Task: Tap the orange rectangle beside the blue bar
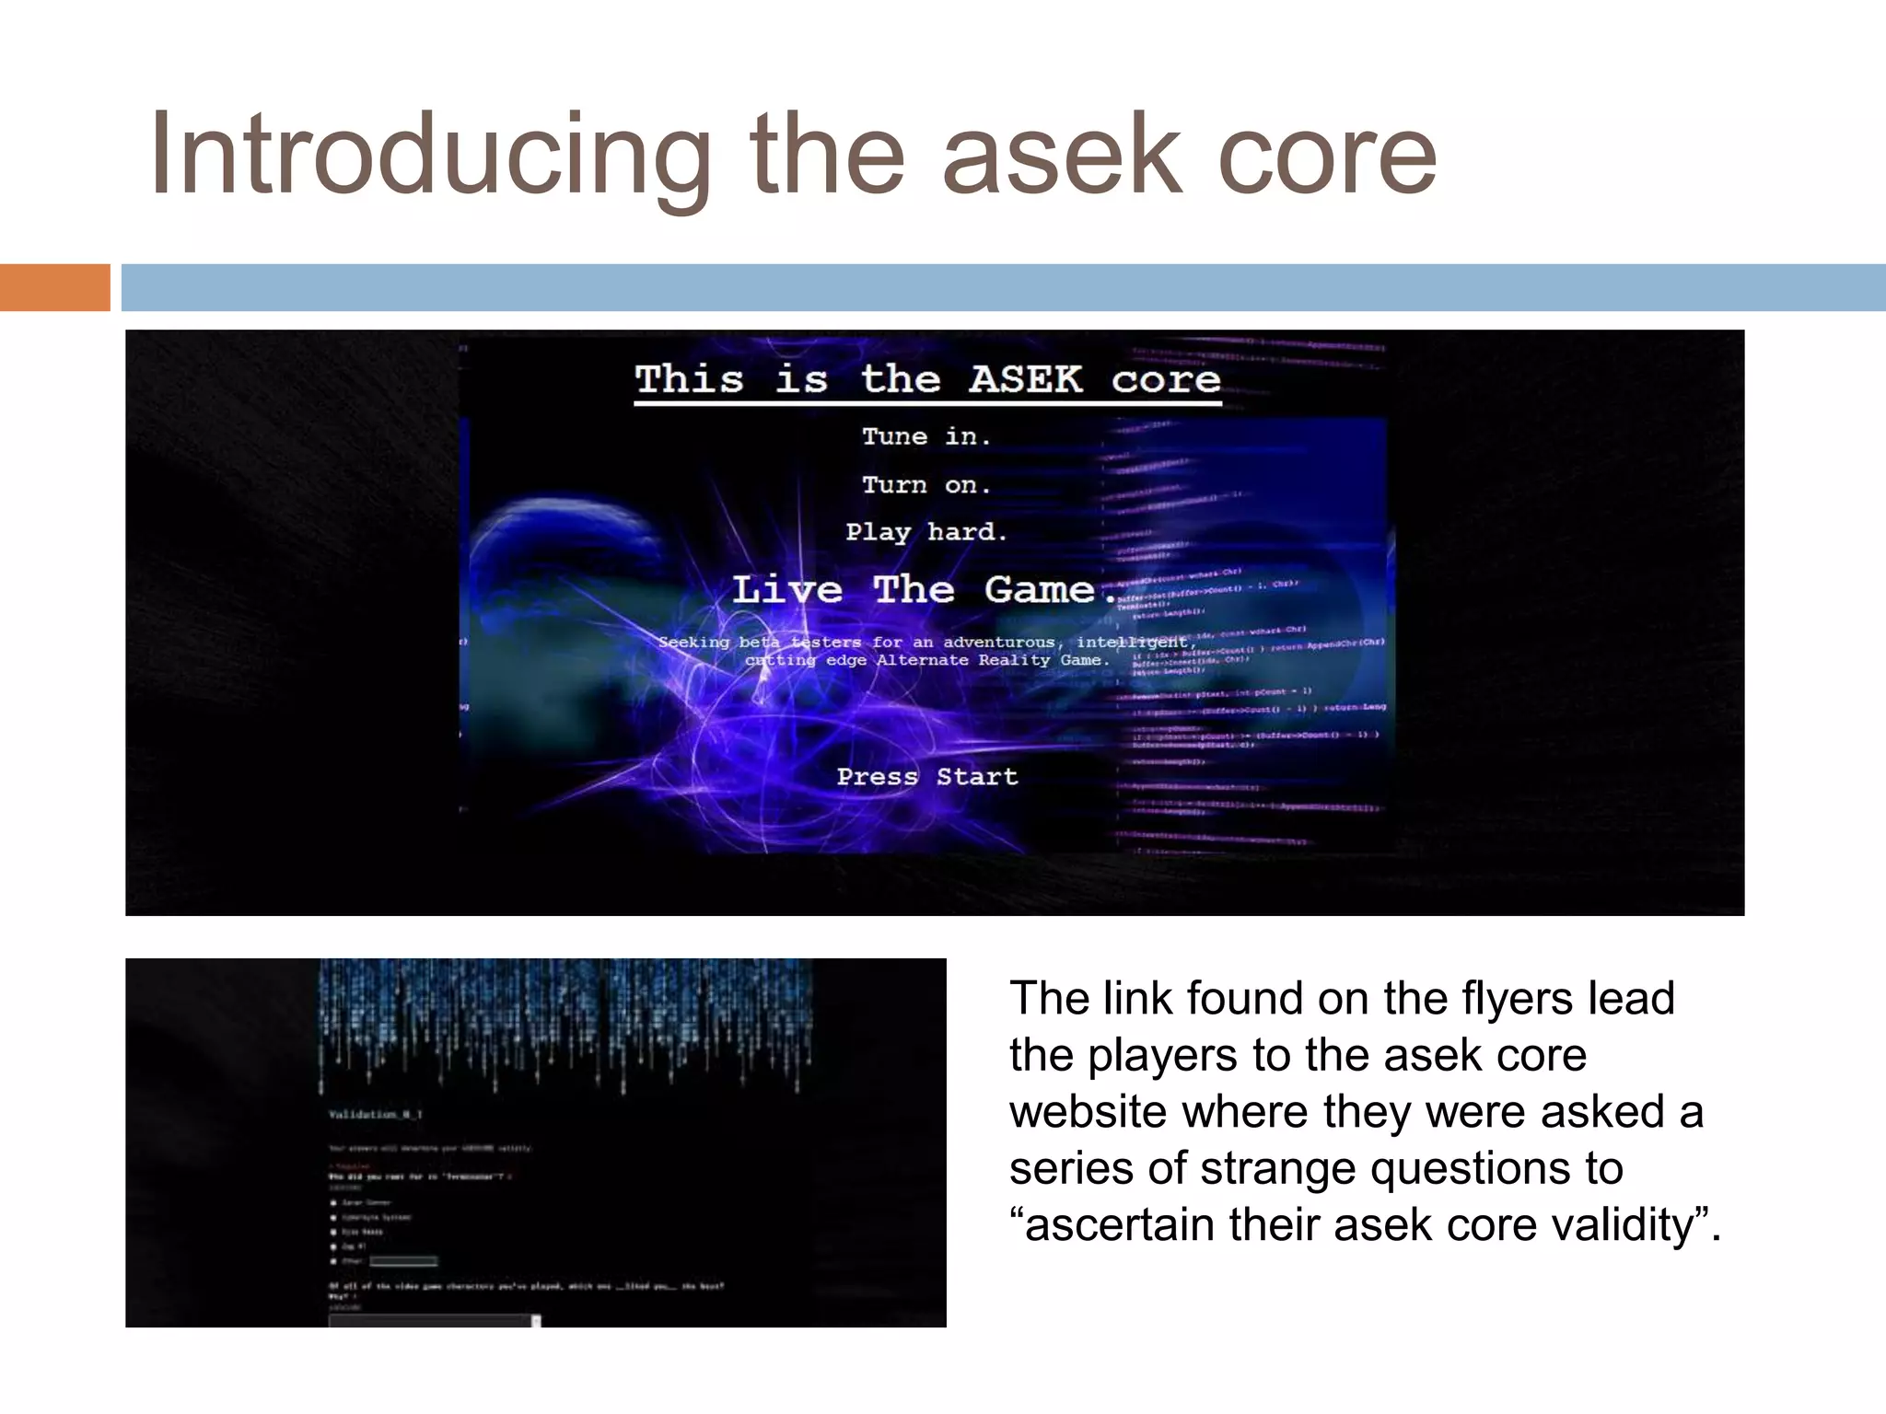pyautogui.click(x=54, y=287)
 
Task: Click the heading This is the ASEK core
pyautogui.click(x=927, y=379)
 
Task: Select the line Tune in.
pyautogui.click(x=926, y=436)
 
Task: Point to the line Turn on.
pyautogui.click(x=926, y=485)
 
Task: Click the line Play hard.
pyautogui.click(x=926, y=532)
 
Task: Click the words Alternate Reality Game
pyautogui.click(x=992, y=660)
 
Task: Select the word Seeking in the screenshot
pyautogui.click(x=693, y=642)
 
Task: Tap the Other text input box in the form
pyautogui.click(x=402, y=1261)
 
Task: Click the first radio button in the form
pyautogui.click(x=333, y=1202)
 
